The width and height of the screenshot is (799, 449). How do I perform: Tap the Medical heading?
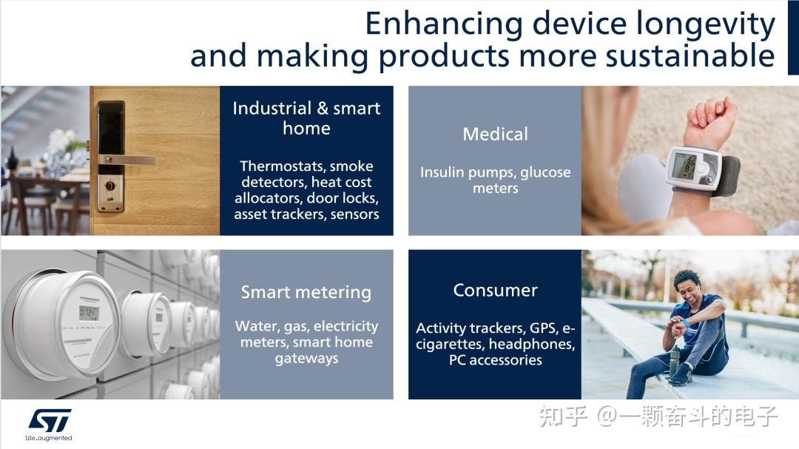[x=495, y=134]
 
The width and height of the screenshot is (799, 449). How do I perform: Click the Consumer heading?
[x=495, y=290]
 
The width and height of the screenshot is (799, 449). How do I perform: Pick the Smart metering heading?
[x=306, y=292]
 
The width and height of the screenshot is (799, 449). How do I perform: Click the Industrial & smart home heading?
[x=306, y=118]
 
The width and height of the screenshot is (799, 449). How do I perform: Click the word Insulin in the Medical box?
[x=444, y=172]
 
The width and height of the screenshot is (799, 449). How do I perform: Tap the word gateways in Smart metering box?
[x=306, y=359]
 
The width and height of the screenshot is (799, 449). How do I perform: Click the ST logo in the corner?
[x=50, y=420]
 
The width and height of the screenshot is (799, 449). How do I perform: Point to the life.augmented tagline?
[x=50, y=438]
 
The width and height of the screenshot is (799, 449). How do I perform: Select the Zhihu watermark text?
[x=658, y=416]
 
